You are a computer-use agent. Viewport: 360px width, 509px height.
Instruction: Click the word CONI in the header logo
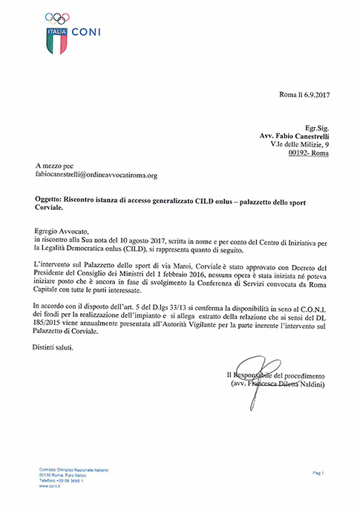[x=87, y=33]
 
